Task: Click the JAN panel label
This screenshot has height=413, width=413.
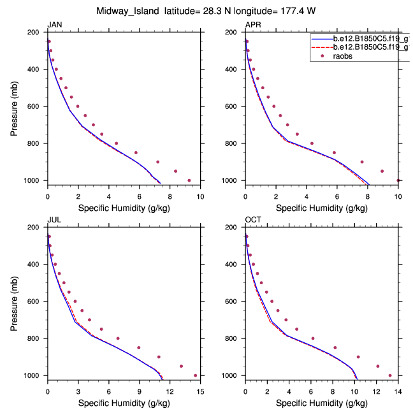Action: tap(55, 25)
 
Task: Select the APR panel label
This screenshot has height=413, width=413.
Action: tap(253, 25)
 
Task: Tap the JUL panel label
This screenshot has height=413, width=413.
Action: tap(54, 220)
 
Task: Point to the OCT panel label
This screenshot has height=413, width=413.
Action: tap(253, 220)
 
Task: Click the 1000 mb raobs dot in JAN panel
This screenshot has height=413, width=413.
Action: tap(189, 180)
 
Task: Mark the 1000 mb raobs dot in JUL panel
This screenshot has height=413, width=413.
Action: tap(195, 375)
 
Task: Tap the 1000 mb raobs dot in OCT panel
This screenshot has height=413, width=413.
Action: tap(390, 375)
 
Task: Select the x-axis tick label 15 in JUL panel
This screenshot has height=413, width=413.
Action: tap(200, 390)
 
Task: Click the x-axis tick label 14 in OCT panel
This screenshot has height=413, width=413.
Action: tap(398, 390)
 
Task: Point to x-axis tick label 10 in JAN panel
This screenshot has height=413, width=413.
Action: tap(200, 195)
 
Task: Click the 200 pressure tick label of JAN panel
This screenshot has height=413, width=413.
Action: tap(36, 32)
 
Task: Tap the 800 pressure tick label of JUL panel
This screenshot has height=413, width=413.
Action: tap(36, 338)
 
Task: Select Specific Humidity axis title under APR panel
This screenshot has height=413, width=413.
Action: tap(321, 208)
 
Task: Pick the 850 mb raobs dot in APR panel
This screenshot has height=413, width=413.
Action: tap(334, 152)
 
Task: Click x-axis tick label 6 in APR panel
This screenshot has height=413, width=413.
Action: tap(337, 195)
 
